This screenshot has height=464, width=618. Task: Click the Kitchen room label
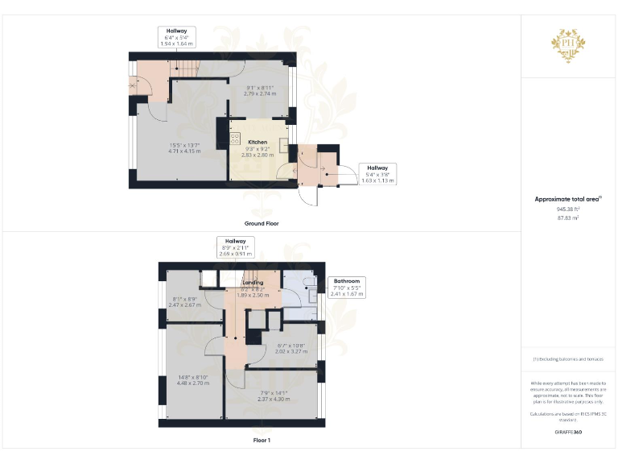coord(257,142)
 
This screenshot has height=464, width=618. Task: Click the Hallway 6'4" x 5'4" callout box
coord(176,36)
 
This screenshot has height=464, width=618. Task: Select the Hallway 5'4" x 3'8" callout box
coord(377,175)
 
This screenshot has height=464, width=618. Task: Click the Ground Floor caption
coord(262,223)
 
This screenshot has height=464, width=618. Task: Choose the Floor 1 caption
coord(262,441)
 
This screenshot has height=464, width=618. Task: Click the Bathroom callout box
coord(347,288)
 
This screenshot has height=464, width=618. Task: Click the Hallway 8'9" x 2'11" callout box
coord(235,247)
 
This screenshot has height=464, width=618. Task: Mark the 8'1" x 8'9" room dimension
coord(183,303)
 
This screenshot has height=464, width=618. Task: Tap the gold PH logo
coord(567,44)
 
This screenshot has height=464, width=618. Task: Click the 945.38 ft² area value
coord(568,209)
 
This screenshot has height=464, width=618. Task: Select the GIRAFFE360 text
coord(568,433)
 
